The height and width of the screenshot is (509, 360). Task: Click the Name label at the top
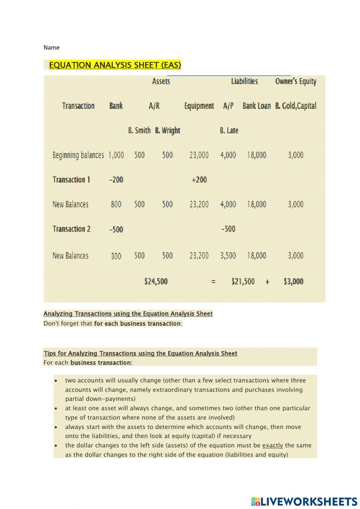click(51, 48)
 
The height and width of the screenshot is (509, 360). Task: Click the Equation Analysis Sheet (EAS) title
click(115, 65)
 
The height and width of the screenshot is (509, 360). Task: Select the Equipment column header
click(199, 106)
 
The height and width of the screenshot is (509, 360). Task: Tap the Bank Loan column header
click(256, 106)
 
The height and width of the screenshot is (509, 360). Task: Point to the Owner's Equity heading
click(296, 81)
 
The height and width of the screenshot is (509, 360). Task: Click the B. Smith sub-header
click(139, 130)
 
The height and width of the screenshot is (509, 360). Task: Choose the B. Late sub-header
click(229, 130)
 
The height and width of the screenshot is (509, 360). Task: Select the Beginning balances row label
click(78, 155)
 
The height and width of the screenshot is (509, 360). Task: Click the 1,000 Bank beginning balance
click(116, 155)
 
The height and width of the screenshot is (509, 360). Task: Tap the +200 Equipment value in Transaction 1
click(199, 180)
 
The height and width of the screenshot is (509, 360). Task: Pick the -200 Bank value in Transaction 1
click(116, 180)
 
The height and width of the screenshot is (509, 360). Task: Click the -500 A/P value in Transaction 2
click(228, 229)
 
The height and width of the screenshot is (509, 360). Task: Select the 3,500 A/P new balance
click(228, 256)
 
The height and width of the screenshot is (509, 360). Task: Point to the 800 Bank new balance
click(116, 205)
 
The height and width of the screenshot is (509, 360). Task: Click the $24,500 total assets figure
click(156, 282)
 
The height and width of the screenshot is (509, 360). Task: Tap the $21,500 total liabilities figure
click(243, 282)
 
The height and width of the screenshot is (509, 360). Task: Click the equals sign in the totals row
click(213, 282)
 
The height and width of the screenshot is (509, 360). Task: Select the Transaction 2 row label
click(71, 229)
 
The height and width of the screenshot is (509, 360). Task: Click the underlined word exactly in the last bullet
click(273, 446)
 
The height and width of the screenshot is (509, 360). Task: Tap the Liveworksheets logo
click(304, 501)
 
